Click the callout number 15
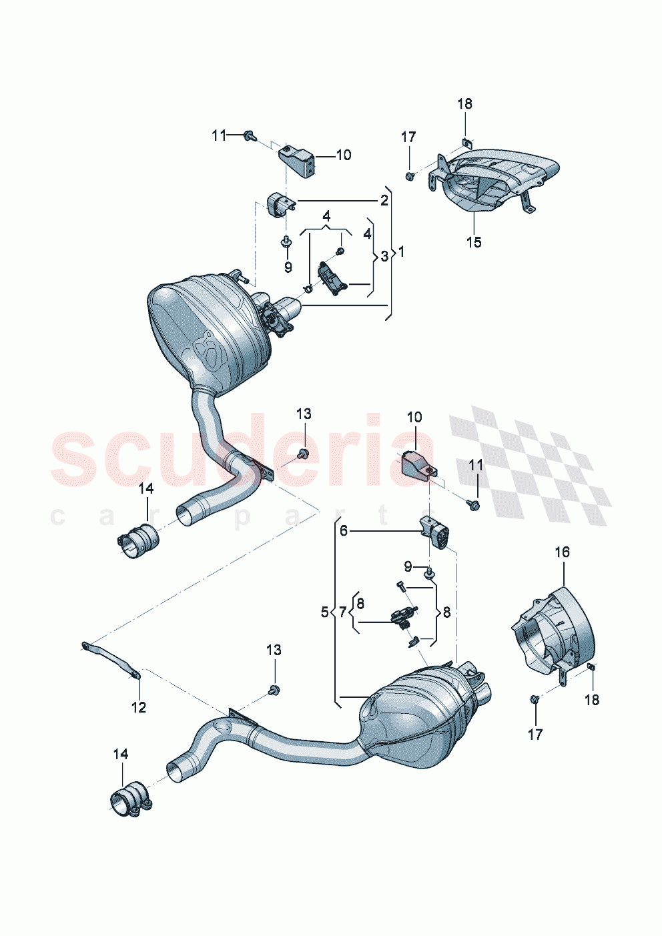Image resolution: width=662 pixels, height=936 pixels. pyautogui.click(x=473, y=242)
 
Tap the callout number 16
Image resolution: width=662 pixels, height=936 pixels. pyautogui.click(x=562, y=552)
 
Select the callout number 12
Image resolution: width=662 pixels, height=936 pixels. pyautogui.click(x=138, y=707)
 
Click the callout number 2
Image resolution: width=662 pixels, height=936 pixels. pyautogui.click(x=384, y=200)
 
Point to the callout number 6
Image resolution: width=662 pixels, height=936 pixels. pyautogui.click(x=344, y=530)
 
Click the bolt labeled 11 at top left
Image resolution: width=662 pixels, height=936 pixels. pyautogui.click(x=250, y=135)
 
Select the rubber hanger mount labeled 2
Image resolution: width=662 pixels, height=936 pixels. pyautogui.click(x=279, y=203)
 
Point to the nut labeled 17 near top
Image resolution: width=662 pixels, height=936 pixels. pyautogui.click(x=409, y=175)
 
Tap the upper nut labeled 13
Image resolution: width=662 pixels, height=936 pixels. pyautogui.click(x=302, y=454)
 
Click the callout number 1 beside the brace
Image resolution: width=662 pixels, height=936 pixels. pyautogui.click(x=401, y=252)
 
